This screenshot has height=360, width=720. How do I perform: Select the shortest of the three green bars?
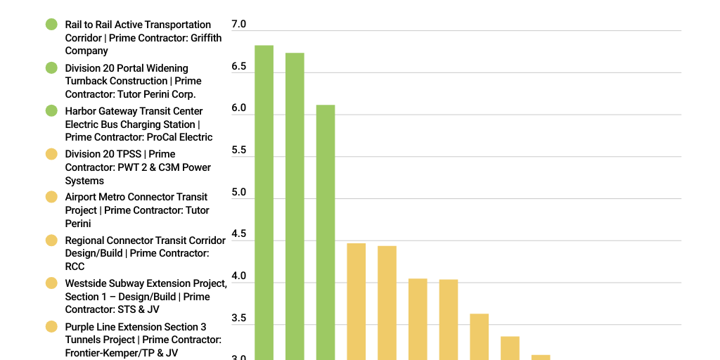pyautogui.click(x=326, y=232)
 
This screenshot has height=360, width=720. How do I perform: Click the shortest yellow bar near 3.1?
pyautogui.click(x=541, y=357)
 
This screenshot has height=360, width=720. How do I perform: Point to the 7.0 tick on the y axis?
pyautogui.click(x=239, y=25)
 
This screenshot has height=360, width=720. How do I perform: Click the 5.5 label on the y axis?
pyautogui.click(x=239, y=150)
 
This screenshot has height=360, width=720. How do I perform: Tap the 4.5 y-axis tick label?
pyautogui.click(x=239, y=234)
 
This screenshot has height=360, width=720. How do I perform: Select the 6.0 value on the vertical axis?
pyautogui.click(x=239, y=108)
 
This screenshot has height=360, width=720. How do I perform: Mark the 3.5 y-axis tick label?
pyautogui.click(x=239, y=319)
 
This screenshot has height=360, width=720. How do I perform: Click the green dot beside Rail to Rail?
pyautogui.click(x=51, y=25)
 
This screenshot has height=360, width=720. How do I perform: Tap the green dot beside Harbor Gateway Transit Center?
pyautogui.click(x=51, y=111)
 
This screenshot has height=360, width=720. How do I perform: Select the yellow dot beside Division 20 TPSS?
pyautogui.click(x=51, y=154)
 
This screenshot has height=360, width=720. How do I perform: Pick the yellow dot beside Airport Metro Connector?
pyautogui.click(x=51, y=197)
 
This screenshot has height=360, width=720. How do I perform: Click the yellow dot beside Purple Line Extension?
pyautogui.click(x=51, y=327)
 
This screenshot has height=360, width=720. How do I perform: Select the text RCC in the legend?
pyautogui.click(x=75, y=266)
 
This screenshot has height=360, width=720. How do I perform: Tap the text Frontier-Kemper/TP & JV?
pyautogui.click(x=121, y=353)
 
